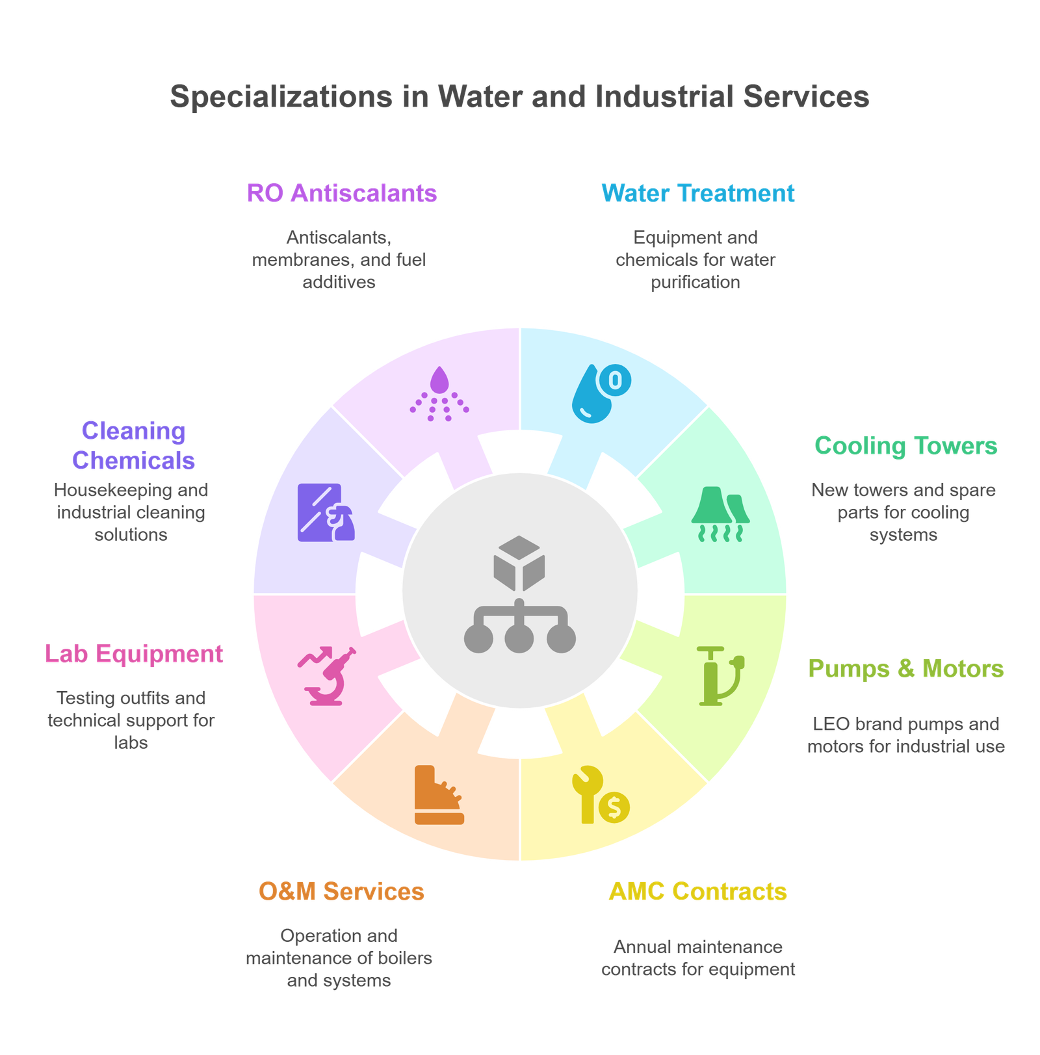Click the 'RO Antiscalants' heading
coord(341,193)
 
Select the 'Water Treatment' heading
coord(697,193)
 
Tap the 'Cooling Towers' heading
coord(905,446)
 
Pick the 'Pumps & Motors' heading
coord(905,669)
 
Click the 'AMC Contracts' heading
coord(697,892)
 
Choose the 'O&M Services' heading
coord(341,892)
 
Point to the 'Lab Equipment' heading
coord(134,654)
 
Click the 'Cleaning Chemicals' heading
coord(133,446)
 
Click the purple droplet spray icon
coord(439,393)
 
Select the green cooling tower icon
coord(720,514)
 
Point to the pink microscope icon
coord(328,676)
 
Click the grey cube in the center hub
coord(519,562)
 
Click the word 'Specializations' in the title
coord(281,97)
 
